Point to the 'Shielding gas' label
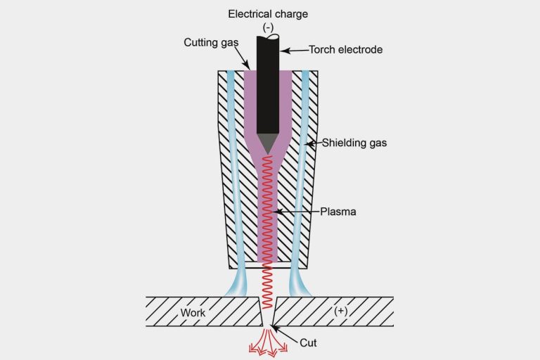pos(354,143)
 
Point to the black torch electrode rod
pos(269,84)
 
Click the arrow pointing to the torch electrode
pos(295,49)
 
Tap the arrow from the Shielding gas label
pos(314,143)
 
